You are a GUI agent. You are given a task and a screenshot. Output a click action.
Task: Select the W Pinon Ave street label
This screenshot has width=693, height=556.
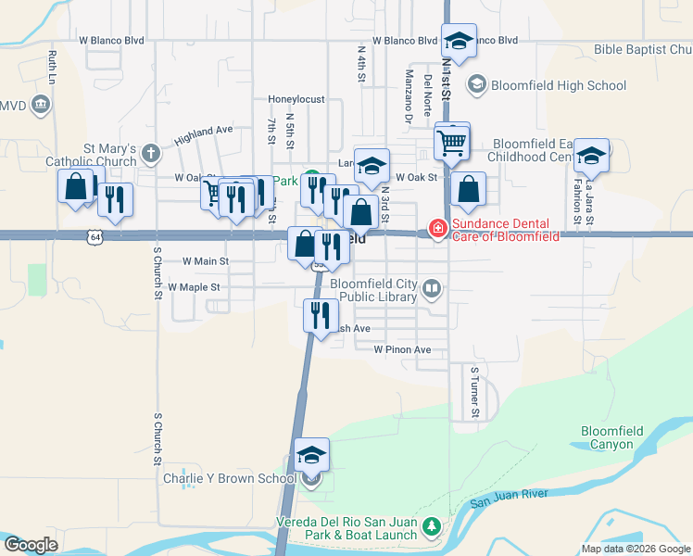[403, 350]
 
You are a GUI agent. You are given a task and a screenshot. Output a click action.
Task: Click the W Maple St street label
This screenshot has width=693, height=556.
[194, 287]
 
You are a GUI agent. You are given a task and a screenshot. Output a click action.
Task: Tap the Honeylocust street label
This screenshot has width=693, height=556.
[296, 99]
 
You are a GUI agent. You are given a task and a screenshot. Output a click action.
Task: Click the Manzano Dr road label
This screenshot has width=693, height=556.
[408, 95]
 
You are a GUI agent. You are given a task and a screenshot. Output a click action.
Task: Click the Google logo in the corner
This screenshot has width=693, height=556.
[30, 545]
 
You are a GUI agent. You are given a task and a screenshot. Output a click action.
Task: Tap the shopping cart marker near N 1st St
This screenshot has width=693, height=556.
[452, 143]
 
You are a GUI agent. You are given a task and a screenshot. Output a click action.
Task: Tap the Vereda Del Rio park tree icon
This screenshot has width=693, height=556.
[430, 527]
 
